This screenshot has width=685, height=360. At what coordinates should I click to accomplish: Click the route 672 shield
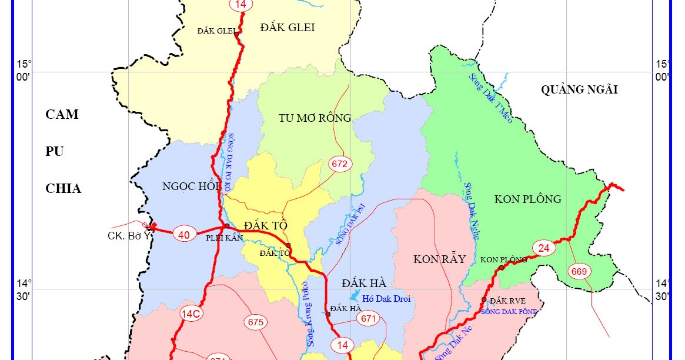339,164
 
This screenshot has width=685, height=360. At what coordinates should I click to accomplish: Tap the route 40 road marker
184,235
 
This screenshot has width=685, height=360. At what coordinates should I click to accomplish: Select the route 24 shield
543,248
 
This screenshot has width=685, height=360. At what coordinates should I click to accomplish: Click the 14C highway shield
191,315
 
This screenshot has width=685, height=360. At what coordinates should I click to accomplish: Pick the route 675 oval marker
256,322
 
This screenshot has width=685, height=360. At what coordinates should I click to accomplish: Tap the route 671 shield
369,319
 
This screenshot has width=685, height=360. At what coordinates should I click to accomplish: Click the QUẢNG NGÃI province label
579,89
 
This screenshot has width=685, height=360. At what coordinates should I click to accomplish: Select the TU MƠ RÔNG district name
315,118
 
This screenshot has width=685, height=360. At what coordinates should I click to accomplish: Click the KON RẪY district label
439,259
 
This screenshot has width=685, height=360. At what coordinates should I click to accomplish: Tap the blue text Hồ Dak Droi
386,299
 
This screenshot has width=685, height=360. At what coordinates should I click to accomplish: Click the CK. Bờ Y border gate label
128,236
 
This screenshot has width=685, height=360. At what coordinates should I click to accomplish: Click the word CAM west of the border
62,114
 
